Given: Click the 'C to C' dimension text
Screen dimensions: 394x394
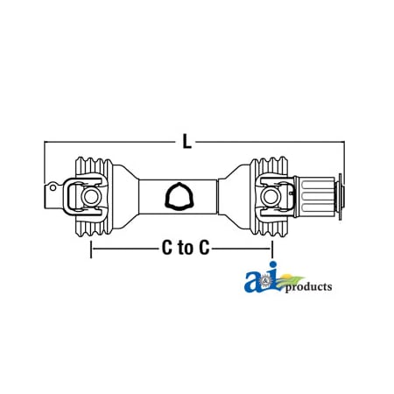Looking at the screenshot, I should pos(186,248).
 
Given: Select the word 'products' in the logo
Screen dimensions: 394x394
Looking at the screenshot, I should pos(306,287).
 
